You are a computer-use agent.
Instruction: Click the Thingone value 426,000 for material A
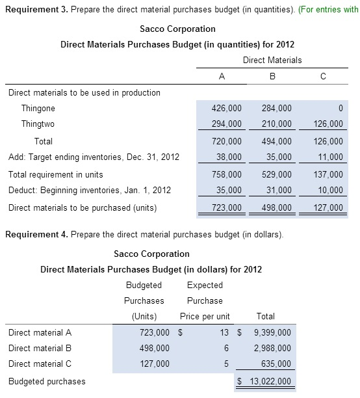227,109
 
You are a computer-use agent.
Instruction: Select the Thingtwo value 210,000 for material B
277,124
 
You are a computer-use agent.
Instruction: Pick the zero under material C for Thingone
340,109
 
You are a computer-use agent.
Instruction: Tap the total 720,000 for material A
227,141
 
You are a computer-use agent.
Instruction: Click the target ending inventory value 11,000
330,157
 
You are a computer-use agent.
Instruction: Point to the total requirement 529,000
277,174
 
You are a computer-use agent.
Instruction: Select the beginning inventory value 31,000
279,191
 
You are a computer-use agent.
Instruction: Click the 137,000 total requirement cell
328,174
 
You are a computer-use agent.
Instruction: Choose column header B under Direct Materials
272,76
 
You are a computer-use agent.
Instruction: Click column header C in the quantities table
323,76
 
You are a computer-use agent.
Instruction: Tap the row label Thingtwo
38,124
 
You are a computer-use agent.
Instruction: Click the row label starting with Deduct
90,191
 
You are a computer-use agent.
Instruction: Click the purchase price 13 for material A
224,332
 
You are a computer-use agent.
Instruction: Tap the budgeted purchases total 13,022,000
266,381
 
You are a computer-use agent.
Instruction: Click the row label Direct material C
40,364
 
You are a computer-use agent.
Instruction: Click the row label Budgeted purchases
47,381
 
